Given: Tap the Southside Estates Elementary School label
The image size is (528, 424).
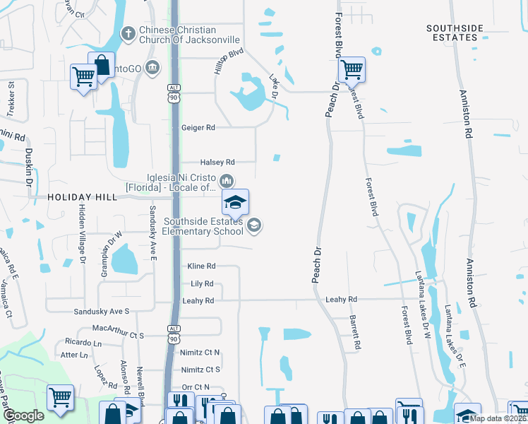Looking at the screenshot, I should (202, 226).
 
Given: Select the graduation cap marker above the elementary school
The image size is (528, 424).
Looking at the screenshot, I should (235, 203).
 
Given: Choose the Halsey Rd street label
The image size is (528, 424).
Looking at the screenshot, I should (217, 163).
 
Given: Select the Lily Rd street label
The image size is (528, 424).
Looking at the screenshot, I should (202, 283).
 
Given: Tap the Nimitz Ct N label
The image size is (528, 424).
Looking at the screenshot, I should (200, 352).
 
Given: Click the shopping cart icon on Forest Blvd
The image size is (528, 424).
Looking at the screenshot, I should (351, 69).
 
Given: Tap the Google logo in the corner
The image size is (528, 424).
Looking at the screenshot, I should (23, 416).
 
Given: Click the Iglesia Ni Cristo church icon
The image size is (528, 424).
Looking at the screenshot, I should (227, 179).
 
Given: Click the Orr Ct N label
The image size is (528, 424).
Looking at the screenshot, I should (196, 387).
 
